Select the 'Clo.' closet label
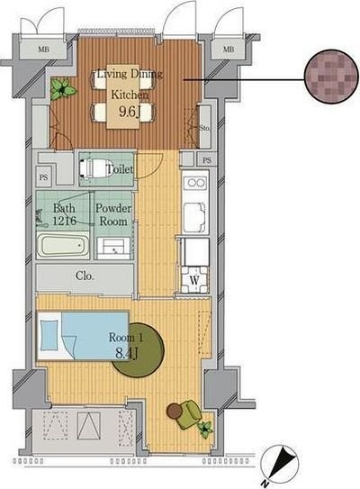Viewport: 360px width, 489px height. [86, 276]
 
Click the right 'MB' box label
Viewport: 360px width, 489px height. [228, 50]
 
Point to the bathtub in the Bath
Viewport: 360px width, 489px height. [64, 245]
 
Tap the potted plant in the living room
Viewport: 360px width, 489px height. [63, 88]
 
